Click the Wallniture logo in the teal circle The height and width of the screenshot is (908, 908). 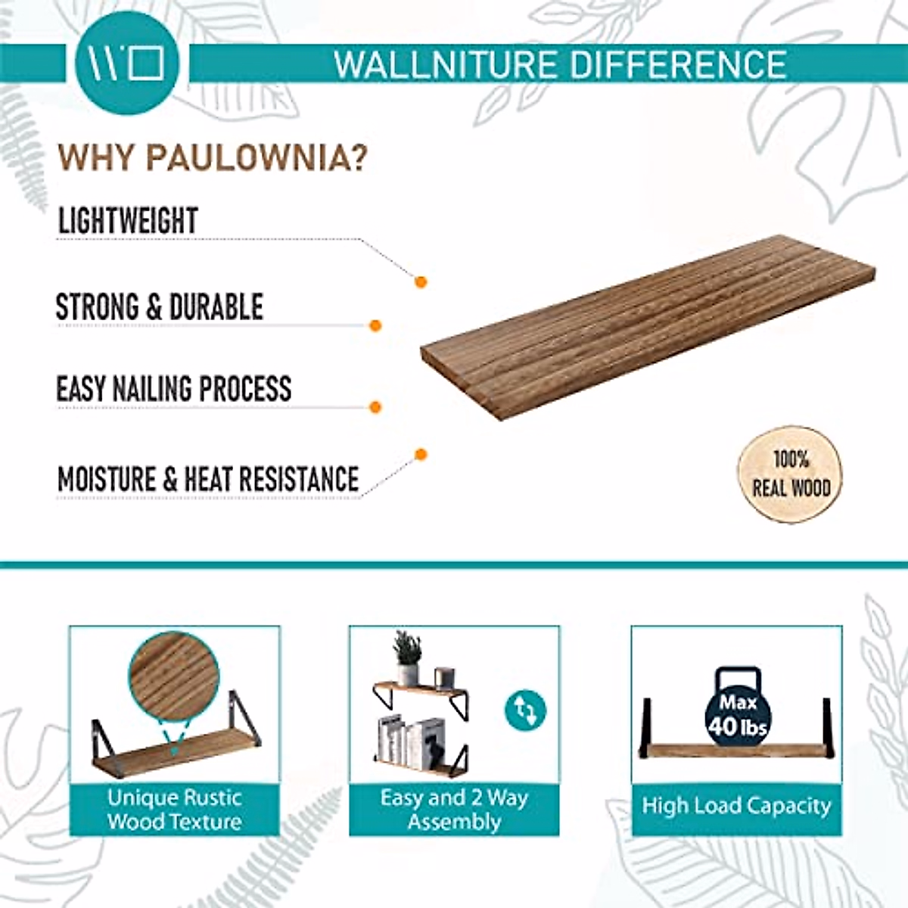(x=126, y=64)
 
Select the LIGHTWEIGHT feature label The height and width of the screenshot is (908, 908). (x=128, y=221)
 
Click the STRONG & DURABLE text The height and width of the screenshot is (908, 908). (x=159, y=307)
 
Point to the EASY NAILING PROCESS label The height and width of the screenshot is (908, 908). (x=173, y=389)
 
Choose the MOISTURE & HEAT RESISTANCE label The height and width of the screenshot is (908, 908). (x=208, y=480)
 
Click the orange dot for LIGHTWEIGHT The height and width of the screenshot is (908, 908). (x=421, y=282)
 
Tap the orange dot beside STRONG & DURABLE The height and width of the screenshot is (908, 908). (x=375, y=325)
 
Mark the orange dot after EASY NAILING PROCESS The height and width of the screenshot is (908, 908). (x=375, y=407)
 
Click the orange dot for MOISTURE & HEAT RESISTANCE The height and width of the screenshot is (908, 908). (x=421, y=454)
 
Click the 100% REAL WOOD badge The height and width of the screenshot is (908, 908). (x=790, y=474)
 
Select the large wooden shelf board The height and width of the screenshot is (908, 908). (x=647, y=328)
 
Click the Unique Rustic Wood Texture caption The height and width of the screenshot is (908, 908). (x=174, y=810)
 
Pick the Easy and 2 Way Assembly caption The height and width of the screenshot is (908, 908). (x=454, y=810)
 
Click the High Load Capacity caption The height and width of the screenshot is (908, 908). (x=736, y=806)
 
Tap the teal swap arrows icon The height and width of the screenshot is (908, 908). (x=524, y=711)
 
